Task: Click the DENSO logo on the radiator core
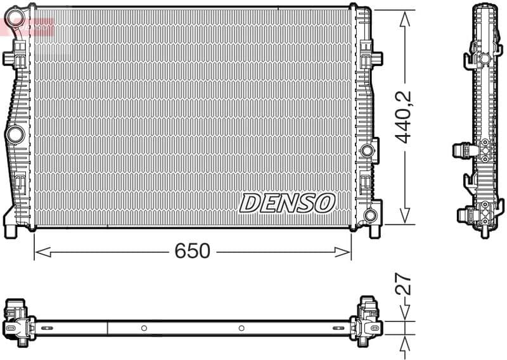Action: click(x=286, y=203)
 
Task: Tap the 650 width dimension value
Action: click(x=192, y=251)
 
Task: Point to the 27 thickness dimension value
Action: click(x=404, y=285)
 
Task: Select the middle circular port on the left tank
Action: click(x=15, y=134)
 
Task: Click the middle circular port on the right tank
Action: click(x=366, y=151)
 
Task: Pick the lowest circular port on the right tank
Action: click(x=370, y=215)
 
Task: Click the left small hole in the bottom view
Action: click(x=144, y=328)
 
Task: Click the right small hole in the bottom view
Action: click(x=241, y=328)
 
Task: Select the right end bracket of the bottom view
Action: click(x=368, y=321)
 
